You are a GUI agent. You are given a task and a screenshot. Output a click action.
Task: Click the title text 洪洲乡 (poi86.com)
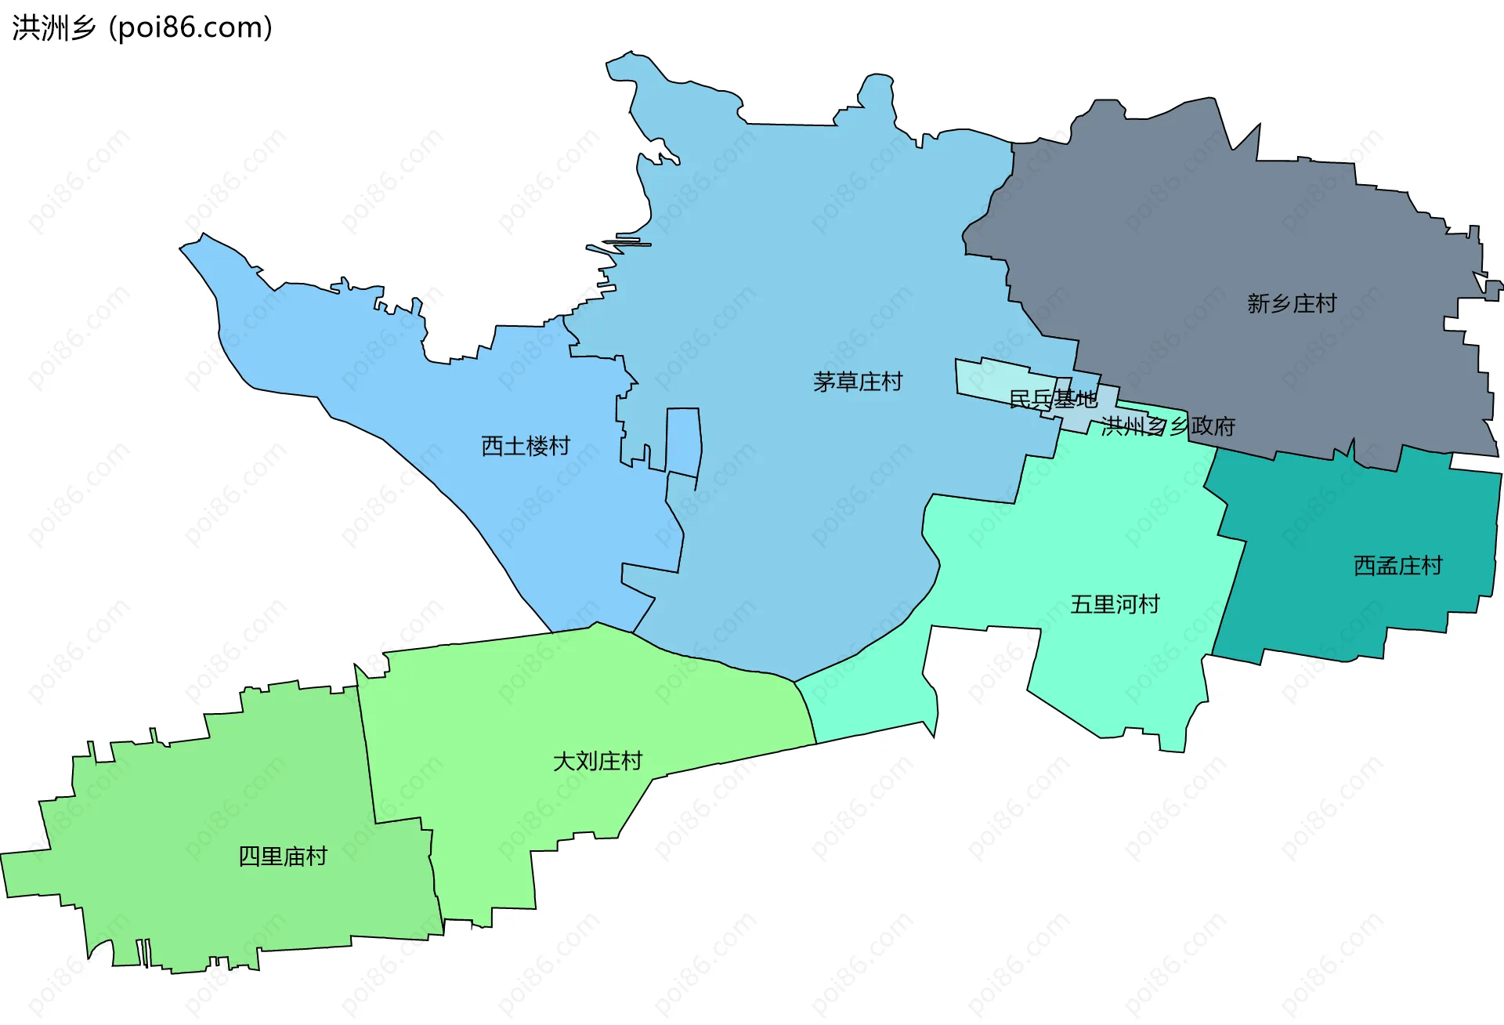142,27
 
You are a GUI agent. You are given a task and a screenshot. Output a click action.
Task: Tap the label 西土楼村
526,446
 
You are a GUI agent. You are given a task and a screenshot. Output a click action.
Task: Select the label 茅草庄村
858,382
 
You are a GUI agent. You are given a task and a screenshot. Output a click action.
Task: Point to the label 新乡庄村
1292,303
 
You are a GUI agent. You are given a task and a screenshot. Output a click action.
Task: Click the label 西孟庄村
1398,565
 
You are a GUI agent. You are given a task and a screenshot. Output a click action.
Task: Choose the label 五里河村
1115,604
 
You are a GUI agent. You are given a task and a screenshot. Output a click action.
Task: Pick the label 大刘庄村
598,761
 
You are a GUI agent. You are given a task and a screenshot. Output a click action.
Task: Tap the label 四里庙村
283,856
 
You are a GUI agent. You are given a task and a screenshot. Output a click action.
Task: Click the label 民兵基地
1053,399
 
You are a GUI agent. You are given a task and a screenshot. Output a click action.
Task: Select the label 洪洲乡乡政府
1168,426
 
